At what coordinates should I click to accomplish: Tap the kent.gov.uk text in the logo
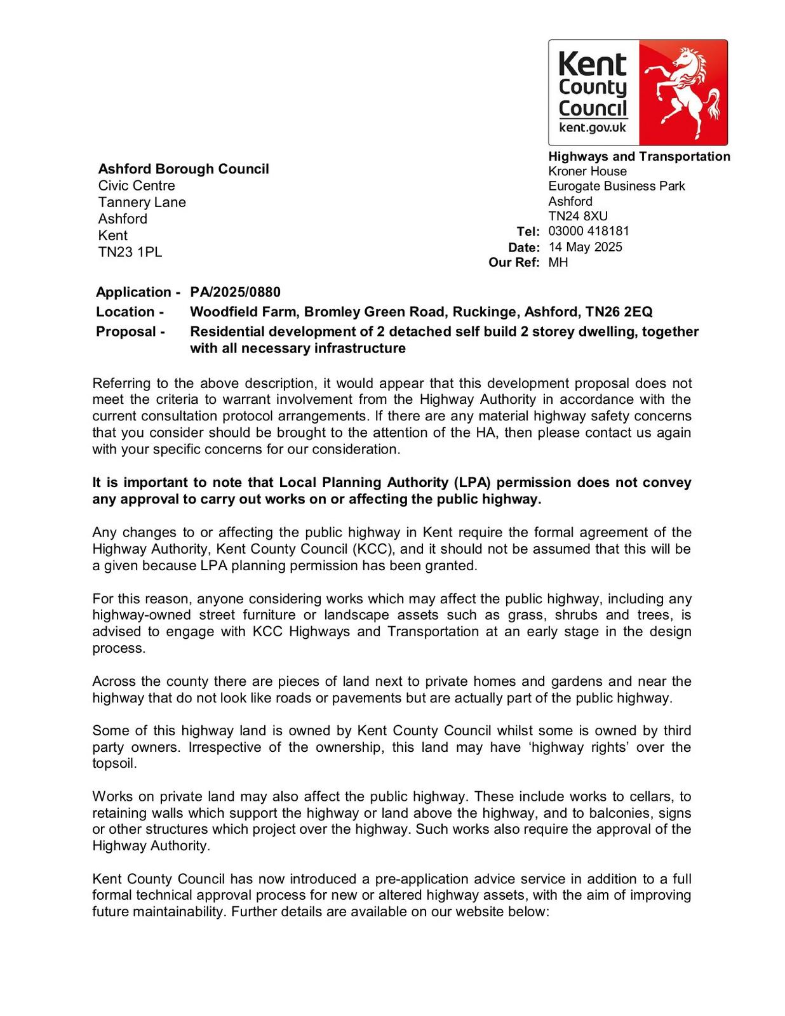point(592,128)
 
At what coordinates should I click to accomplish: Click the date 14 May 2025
point(586,247)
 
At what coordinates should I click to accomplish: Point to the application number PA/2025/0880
point(235,292)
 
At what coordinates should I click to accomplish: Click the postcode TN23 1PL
point(130,252)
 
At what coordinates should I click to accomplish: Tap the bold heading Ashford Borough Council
point(183,169)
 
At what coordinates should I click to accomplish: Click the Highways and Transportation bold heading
point(639,157)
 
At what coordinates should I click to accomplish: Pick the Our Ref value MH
point(558,262)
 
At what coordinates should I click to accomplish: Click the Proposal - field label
point(130,331)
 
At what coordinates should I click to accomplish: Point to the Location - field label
point(130,312)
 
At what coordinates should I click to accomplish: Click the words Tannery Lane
point(142,203)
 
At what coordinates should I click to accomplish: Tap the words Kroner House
point(587,171)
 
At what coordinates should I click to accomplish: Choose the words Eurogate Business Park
point(617,187)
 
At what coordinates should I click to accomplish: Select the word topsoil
point(114,763)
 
